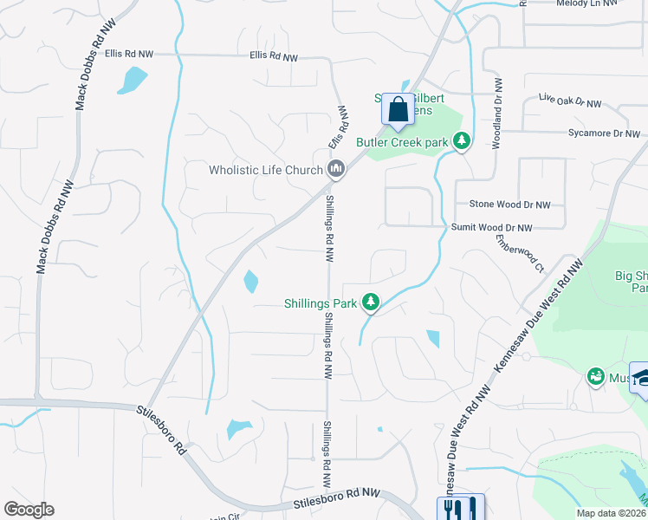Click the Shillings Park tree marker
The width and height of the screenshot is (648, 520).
[x=371, y=302]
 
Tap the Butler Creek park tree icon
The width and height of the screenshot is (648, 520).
[x=462, y=140]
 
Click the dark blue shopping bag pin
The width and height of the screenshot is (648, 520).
[x=398, y=110]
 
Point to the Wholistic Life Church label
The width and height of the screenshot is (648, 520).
[x=265, y=170]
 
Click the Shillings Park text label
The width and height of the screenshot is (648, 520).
[x=321, y=303]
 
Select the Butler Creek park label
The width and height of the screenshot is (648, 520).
[x=402, y=142]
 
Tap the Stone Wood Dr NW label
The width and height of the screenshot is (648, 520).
[x=509, y=205]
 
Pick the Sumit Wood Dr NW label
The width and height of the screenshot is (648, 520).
[x=491, y=227]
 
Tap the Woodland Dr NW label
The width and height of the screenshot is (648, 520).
[x=498, y=113]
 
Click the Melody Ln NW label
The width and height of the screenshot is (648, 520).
[x=586, y=3]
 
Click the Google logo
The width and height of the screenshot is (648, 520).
[x=29, y=510]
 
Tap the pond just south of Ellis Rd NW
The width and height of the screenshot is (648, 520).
[x=133, y=80]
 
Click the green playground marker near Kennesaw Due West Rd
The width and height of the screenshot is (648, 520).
[x=595, y=377]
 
